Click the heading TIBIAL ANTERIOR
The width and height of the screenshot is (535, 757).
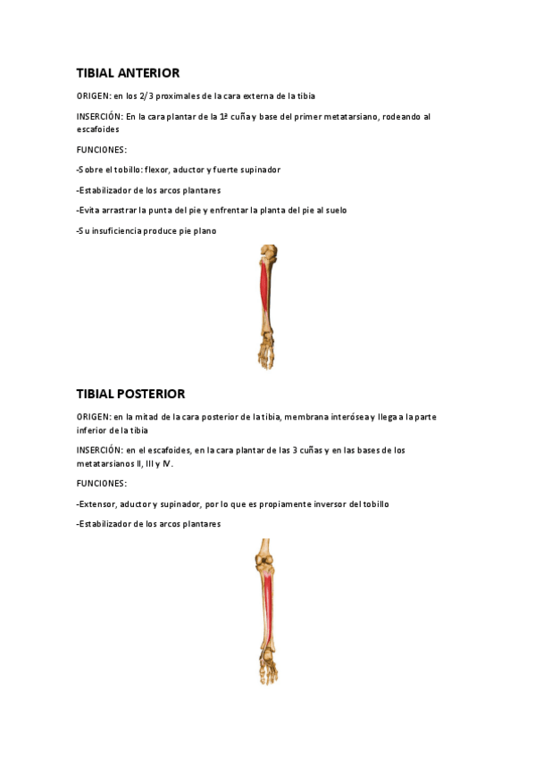pyautogui.click(x=128, y=72)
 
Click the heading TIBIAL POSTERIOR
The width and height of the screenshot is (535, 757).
pyautogui.click(x=130, y=394)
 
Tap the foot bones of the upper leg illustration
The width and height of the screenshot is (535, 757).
pyautogui.click(x=267, y=353)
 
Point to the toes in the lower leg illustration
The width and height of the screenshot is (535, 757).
pyautogui.click(x=268, y=676)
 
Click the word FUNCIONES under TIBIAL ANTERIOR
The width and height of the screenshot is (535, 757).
pyautogui.click(x=102, y=149)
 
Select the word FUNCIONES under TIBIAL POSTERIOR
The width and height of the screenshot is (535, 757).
pyautogui.click(x=102, y=484)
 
